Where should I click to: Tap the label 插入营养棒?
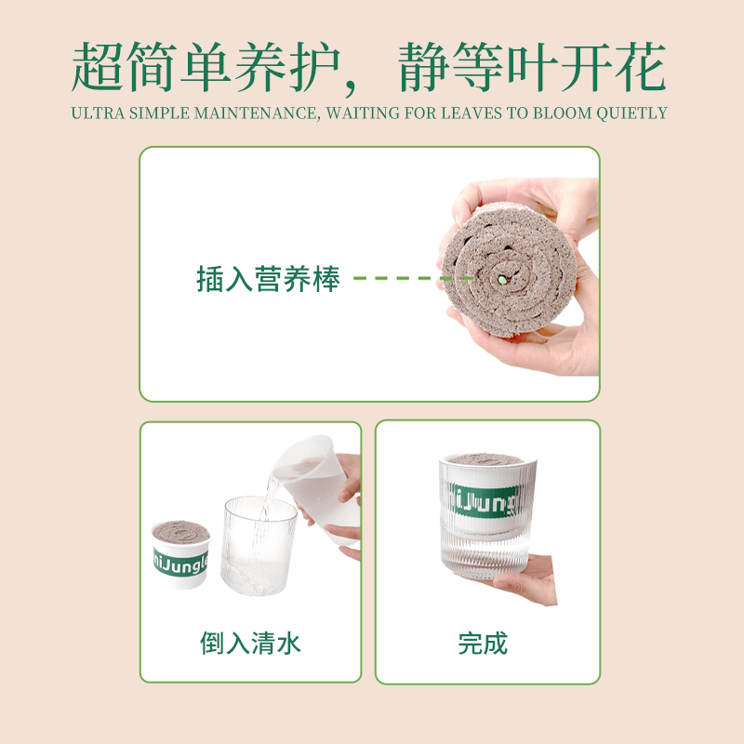click(x=269, y=278)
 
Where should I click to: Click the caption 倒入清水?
click(x=251, y=643)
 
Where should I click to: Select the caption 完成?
click(x=484, y=643)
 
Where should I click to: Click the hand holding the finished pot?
click(x=530, y=577)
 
